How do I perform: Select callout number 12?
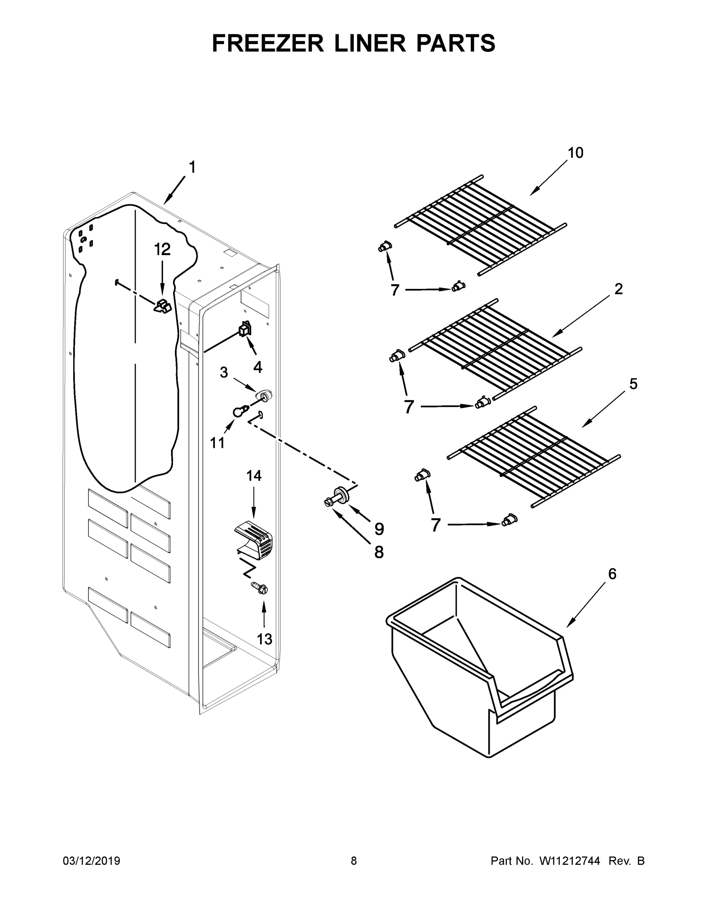click(162, 249)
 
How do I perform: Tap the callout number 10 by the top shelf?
click(575, 153)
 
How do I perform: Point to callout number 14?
click(254, 475)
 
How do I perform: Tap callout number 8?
click(378, 552)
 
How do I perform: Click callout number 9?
click(379, 529)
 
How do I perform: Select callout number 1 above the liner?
click(192, 168)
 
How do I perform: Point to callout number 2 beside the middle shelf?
click(618, 289)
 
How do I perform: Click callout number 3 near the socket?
click(224, 372)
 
